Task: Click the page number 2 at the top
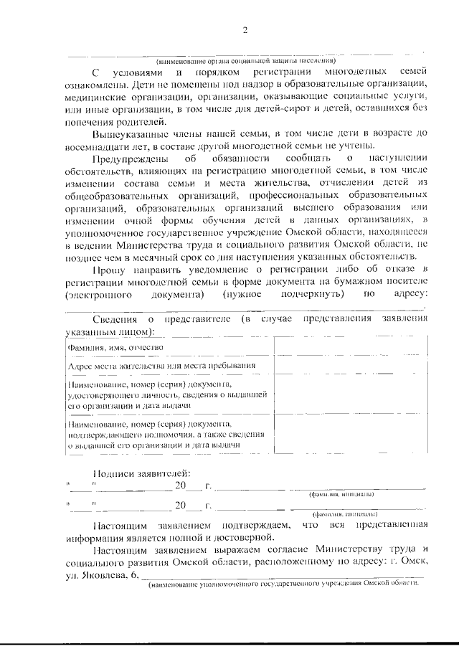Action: pos(245,29)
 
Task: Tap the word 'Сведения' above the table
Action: pos(118,319)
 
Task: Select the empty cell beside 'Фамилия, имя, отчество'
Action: pos(351,348)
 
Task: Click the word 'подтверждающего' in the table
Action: pos(108,435)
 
